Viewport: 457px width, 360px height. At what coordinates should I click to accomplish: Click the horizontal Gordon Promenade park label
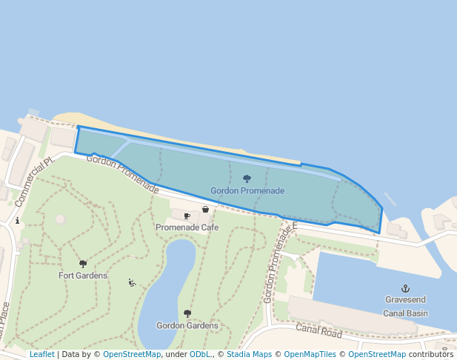tap(247, 191)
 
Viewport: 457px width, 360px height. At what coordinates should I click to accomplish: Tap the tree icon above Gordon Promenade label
tap(247, 179)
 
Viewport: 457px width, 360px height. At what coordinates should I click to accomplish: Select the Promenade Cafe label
tap(187, 227)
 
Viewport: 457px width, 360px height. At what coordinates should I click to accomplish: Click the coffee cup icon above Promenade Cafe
tap(187, 216)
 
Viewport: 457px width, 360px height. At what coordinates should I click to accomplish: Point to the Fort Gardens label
tap(83, 276)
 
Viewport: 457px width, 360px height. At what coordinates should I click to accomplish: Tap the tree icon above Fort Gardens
tap(83, 264)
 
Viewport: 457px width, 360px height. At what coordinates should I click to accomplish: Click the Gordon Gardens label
tap(187, 325)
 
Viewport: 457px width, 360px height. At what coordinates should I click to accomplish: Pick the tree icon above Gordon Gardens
tap(187, 313)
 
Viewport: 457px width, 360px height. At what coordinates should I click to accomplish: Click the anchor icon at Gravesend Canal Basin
tap(405, 287)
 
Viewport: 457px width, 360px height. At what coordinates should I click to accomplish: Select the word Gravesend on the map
tap(405, 300)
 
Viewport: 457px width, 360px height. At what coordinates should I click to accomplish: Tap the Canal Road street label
tap(318, 330)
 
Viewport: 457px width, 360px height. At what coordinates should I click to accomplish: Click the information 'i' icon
tap(17, 221)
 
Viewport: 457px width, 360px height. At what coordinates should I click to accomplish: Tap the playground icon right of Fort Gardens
tap(132, 282)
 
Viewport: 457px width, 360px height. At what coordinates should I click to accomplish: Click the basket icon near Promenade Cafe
tap(205, 210)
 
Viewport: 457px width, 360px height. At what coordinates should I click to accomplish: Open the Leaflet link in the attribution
tap(42, 355)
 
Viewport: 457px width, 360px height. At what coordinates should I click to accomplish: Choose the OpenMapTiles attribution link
tap(310, 355)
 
